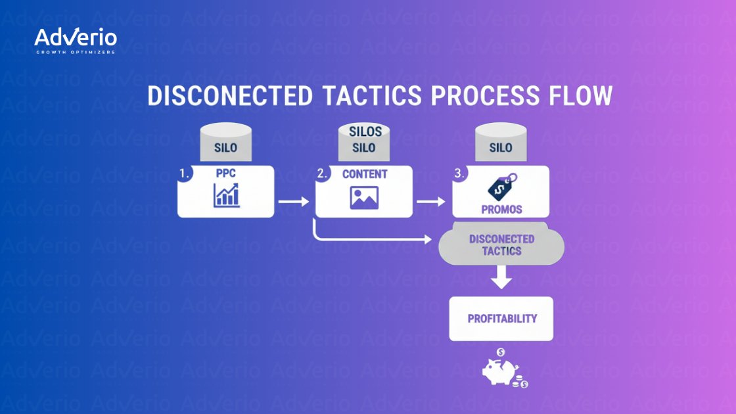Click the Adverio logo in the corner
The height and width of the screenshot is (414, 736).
[x=75, y=41]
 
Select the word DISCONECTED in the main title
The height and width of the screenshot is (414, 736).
[x=229, y=96]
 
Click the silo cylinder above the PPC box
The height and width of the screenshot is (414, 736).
[x=225, y=144]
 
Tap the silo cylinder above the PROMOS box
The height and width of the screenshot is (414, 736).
[x=501, y=144]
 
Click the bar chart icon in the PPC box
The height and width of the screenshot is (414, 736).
[x=225, y=196]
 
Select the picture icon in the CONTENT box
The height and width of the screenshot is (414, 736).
[x=364, y=197]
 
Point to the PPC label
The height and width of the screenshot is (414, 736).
[x=225, y=175]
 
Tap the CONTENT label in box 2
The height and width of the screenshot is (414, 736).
[x=365, y=175]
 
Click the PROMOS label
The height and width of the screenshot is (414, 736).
[x=501, y=209]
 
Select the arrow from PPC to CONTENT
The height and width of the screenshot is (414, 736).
[x=293, y=201]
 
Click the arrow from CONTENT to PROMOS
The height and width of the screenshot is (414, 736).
[x=431, y=201]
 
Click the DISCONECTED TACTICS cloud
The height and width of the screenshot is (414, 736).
[x=501, y=245]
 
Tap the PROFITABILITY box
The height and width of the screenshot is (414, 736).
[x=501, y=319]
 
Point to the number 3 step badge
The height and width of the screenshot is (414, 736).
[x=460, y=175]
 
